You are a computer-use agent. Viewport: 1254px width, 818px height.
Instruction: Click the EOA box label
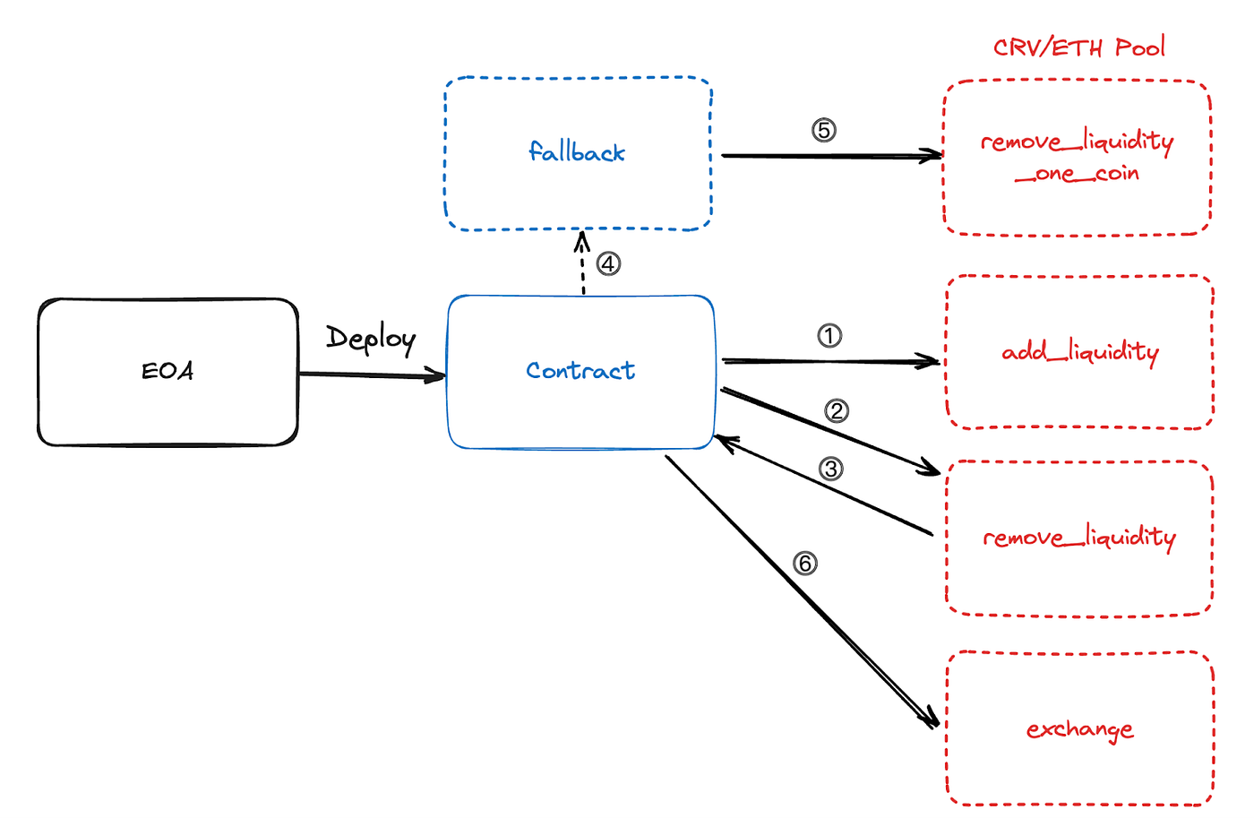click(x=167, y=370)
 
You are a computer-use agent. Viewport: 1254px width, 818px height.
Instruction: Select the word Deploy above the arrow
click(x=371, y=339)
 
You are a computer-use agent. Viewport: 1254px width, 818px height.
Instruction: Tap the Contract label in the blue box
click(x=580, y=370)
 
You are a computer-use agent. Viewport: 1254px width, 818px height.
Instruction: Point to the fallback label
click(x=577, y=152)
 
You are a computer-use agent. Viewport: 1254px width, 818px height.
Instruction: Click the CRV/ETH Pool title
click(x=1078, y=47)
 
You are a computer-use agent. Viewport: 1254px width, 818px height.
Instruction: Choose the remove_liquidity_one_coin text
click(x=1077, y=157)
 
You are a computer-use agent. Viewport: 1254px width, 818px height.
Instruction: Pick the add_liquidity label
click(x=1080, y=352)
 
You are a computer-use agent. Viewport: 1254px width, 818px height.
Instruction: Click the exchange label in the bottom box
click(x=1080, y=729)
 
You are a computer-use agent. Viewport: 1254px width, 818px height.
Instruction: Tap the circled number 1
click(x=829, y=336)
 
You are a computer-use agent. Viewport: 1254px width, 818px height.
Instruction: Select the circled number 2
click(x=837, y=411)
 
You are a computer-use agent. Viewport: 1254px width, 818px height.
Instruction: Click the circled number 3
click(x=831, y=469)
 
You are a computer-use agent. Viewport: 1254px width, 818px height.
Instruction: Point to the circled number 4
click(x=609, y=264)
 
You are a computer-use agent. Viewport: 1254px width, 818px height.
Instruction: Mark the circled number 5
click(x=824, y=131)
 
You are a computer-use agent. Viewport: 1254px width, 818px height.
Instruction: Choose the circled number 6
click(x=805, y=564)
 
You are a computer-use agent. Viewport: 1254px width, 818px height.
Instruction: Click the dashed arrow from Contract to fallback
click(x=583, y=264)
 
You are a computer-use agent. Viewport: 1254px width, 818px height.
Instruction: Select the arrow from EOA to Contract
click(x=372, y=375)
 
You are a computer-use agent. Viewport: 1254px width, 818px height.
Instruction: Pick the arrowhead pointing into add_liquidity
click(x=932, y=362)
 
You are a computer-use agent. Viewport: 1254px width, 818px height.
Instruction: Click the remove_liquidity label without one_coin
click(x=1079, y=538)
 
